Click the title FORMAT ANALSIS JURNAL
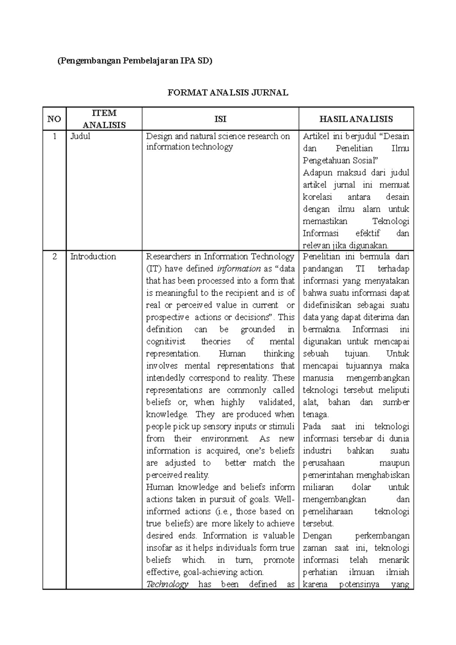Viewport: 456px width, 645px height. pos(228,92)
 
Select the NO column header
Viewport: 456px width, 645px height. pos(54,119)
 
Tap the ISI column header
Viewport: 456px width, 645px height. pos(220,119)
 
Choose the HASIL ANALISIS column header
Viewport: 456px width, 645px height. pos(356,119)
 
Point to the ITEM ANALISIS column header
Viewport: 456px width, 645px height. pos(104,119)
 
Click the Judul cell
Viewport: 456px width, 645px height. pos(80,136)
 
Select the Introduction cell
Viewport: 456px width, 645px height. pos(93,256)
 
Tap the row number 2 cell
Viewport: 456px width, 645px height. pos(54,256)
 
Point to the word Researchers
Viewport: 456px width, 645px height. pos(168,256)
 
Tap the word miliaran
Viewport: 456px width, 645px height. pos(318,487)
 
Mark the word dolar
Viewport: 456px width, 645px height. pos(361,487)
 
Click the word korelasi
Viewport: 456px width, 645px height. pos(317,197)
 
